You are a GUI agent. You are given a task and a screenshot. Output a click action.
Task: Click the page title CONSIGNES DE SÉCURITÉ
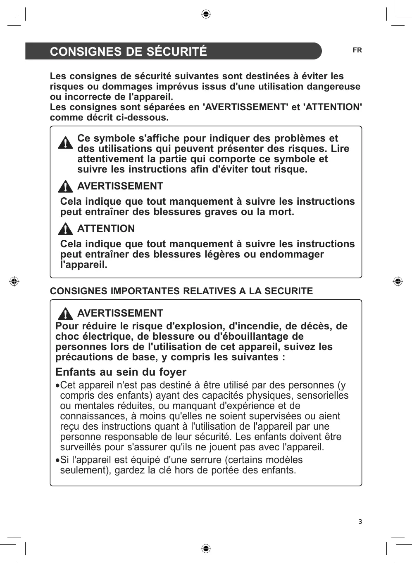pyautogui.click(x=128, y=52)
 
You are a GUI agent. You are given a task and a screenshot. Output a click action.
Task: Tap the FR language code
pyautogui.click(x=357, y=50)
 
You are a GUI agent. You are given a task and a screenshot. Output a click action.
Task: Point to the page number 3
pyautogui.click(x=360, y=522)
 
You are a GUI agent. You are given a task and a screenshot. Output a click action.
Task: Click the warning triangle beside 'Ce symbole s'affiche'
pyautogui.click(x=65, y=143)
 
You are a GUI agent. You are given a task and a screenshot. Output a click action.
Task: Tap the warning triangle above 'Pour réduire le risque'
pyautogui.click(x=65, y=313)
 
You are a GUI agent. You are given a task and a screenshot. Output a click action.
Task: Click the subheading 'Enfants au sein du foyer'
pyautogui.click(x=121, y=372)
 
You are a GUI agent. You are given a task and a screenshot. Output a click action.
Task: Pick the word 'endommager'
pyautogui.click(x=291, y=254)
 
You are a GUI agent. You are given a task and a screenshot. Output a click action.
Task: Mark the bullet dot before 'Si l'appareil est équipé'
pyautogui.click(x=57, y=460)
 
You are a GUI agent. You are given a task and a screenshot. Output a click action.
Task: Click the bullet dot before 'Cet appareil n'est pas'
pyautogui.click(x=57, y=386)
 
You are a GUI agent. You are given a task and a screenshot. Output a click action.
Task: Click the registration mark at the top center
pyautogui.click(x=206, y=15)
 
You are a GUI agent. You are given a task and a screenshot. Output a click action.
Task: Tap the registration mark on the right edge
pyautogui.click(x=398, y=281)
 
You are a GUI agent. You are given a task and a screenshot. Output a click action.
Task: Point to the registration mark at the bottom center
pyautogui.click(x=206, y=549)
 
